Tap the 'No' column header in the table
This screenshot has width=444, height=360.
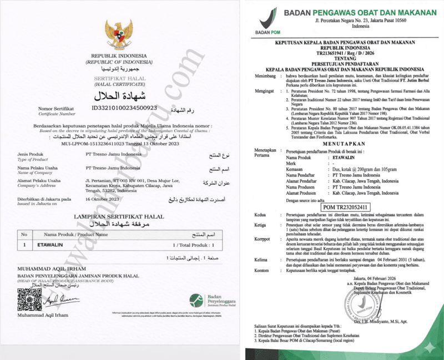coord(23,235)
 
